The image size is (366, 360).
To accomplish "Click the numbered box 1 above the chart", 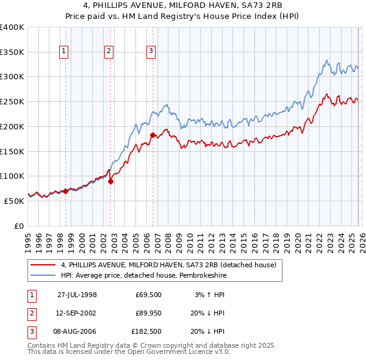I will click(65, 52).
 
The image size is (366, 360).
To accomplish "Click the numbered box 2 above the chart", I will click(109, 52).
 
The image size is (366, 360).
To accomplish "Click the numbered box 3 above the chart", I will click(151, 52).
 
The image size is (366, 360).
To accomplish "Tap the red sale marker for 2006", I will click(152, 134).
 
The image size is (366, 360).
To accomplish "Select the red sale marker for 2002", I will click(110, 181).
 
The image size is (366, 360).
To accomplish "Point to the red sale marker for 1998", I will click(65, 191).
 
